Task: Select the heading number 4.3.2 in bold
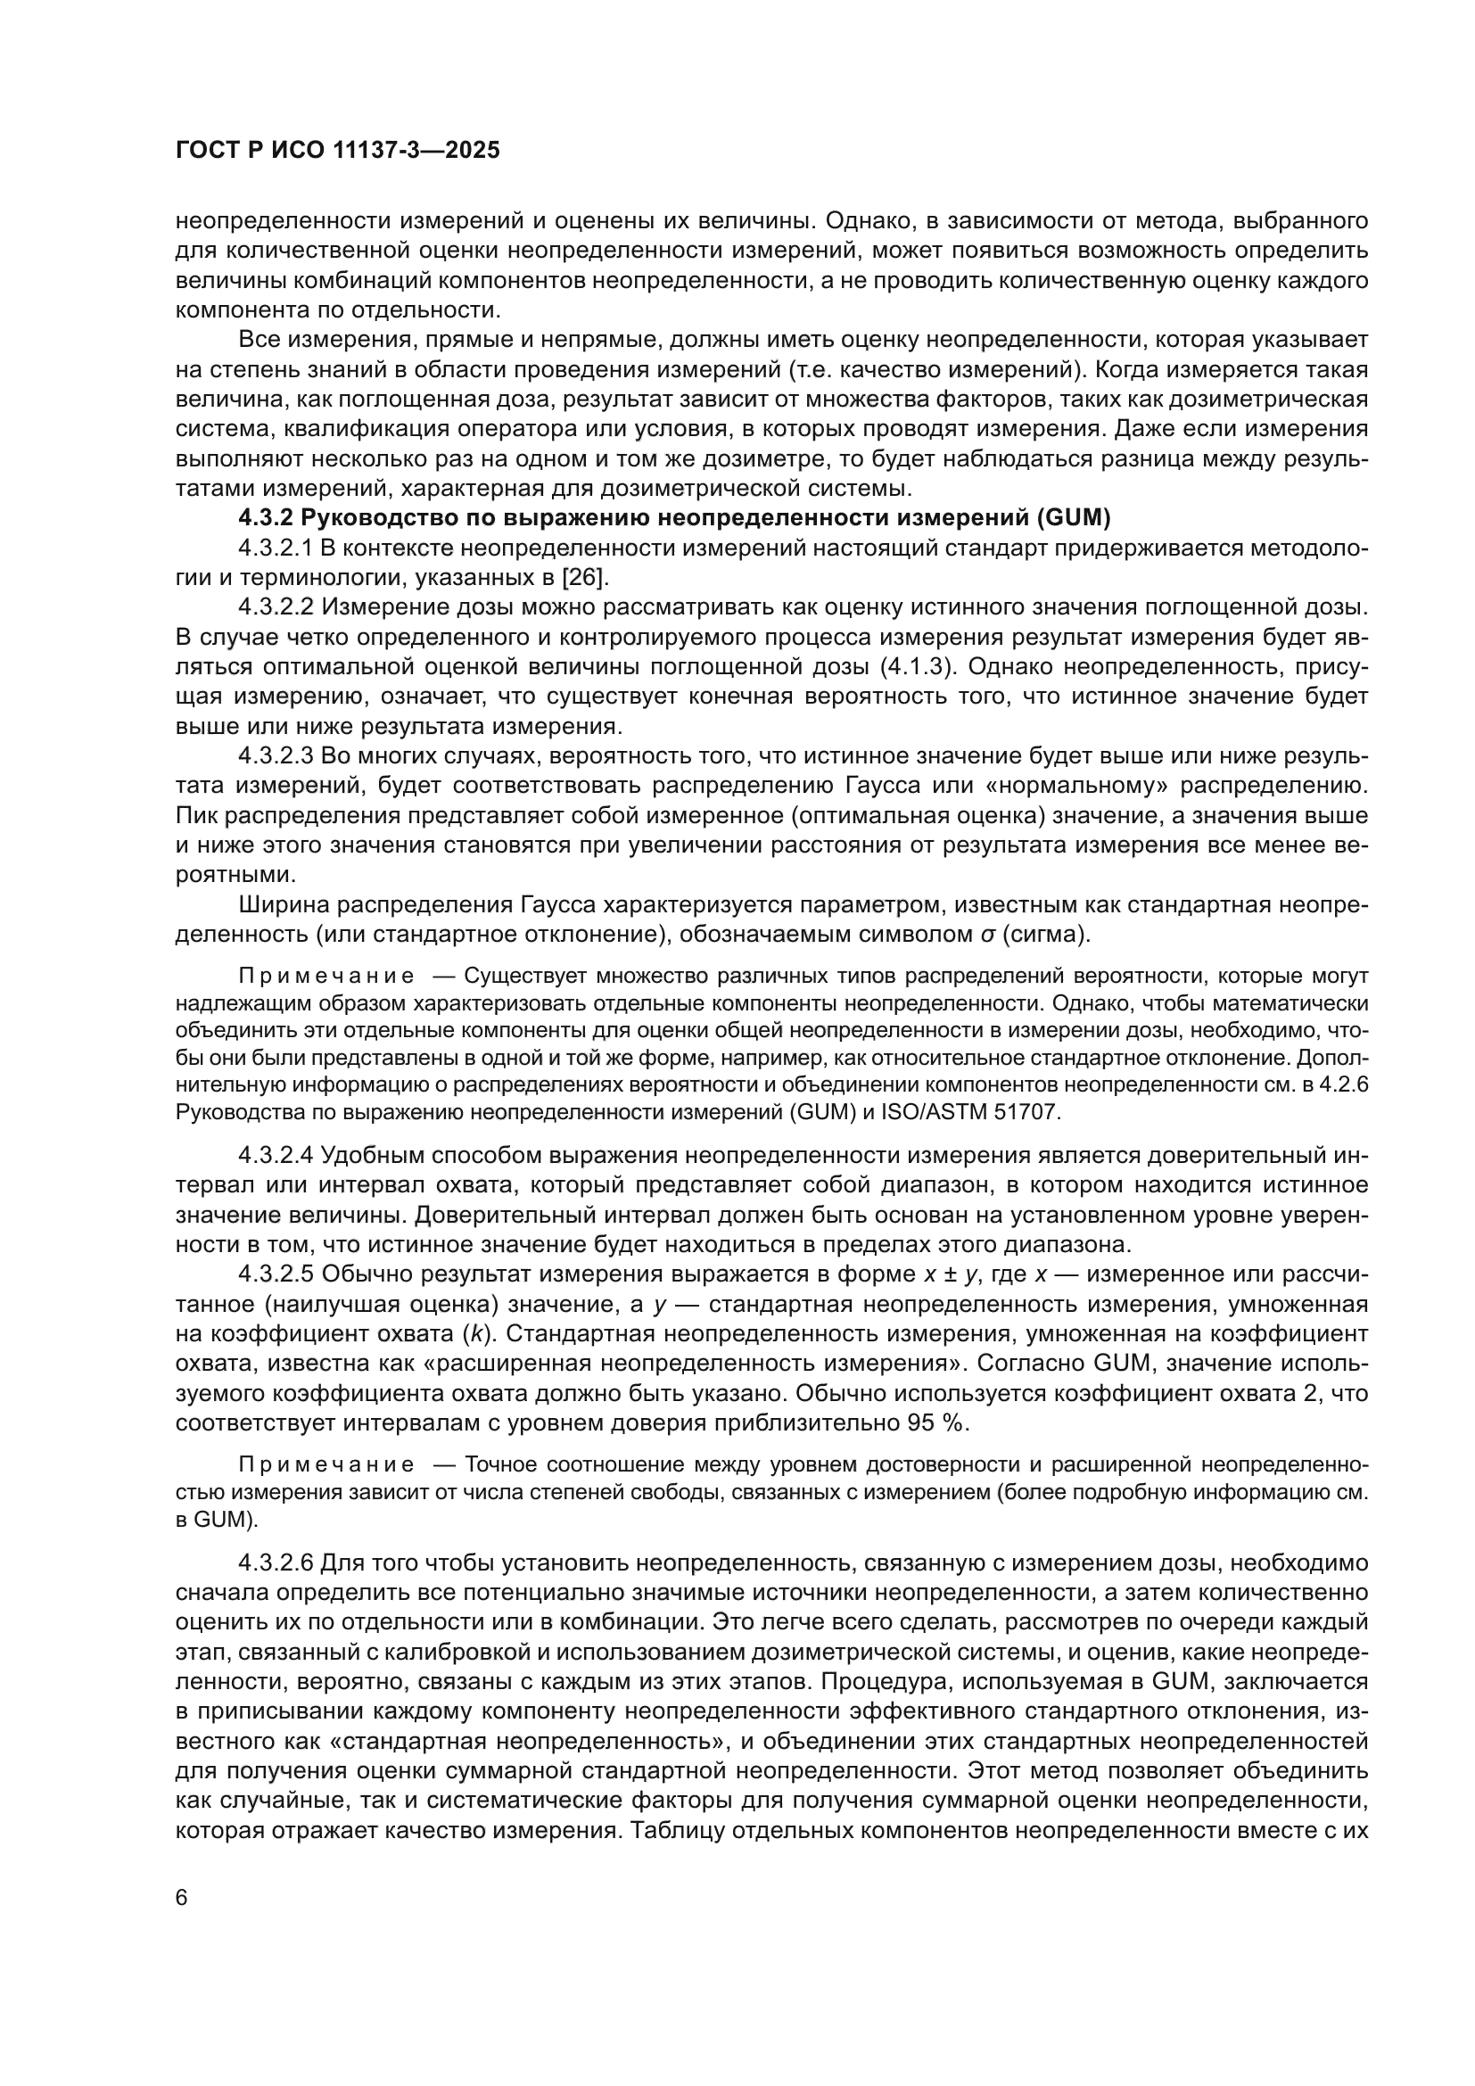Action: click(266, 519)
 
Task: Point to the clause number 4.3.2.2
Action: click(276, 607)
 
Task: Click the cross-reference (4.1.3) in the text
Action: click(919, 667)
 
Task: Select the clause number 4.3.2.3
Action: click(276, 756)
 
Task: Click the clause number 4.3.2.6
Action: click(276, 1562)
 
